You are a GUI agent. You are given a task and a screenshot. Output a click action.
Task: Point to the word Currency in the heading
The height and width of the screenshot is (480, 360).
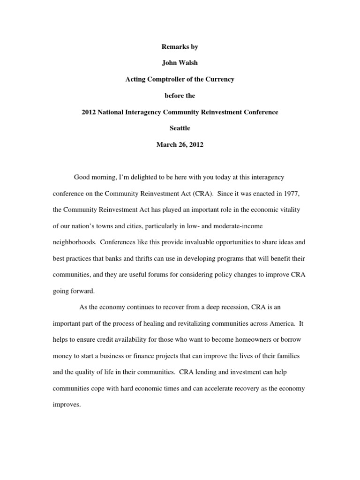[x=220, y=80]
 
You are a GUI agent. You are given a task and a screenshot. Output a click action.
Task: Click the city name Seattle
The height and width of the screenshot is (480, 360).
[x=180, y=128]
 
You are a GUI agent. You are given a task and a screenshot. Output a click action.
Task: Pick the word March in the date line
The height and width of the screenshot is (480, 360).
[x=166, y=145]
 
